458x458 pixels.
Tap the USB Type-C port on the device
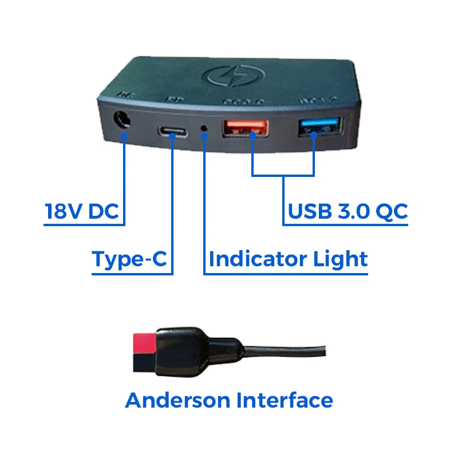[172, 132]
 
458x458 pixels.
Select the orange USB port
[246, 129]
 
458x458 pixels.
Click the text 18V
[64, 212]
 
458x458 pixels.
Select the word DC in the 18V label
[104, 212]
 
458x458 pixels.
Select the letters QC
[392, 211]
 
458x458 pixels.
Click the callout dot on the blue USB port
[314, 135]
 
